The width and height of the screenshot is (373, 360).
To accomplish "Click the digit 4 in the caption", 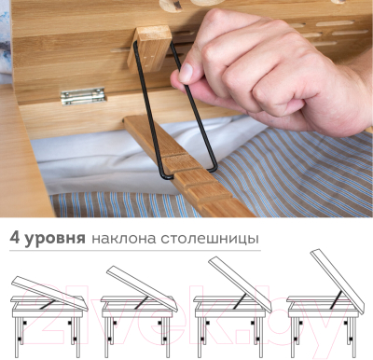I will point(16,238).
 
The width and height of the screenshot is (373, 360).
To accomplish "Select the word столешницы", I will point(209,239).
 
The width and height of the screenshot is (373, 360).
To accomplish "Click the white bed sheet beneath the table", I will point(84,159).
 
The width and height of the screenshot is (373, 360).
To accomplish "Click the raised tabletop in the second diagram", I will point(145,286).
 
